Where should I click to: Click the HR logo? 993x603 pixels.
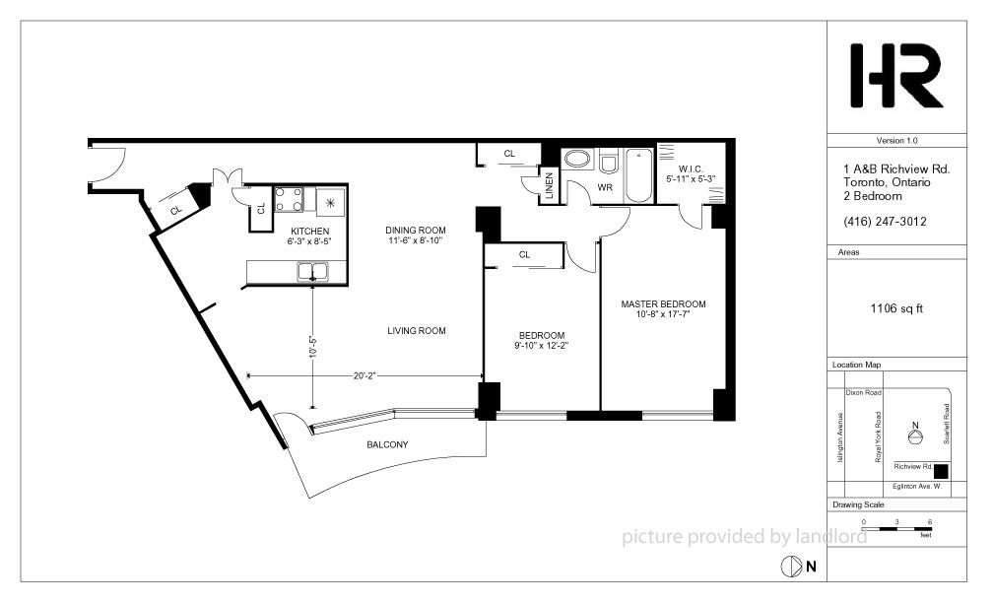[x=896, y=75]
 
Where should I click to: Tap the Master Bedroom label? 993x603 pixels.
[x=663, y=304]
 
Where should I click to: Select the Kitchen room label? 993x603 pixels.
[x=309, y=232]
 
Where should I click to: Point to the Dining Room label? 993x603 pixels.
[x=416, y=230]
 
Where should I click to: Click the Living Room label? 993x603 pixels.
[x=417, y=331]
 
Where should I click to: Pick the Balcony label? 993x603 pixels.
[x=387, y=444]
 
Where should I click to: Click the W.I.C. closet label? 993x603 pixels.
[x=691, y=169]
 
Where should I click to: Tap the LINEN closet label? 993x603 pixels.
[x=549, y=185]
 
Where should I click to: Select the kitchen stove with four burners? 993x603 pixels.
[x=288, y=199]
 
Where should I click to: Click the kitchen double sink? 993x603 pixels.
[x=313, y=271]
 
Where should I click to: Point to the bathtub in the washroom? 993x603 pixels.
[x=639, y=175]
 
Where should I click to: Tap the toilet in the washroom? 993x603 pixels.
[x=609, y=162]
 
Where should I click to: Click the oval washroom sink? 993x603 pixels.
[x=576, y=159]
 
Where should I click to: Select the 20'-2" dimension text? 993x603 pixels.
[x=364, y=375]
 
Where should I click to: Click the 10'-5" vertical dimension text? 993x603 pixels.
[x=312, y=347]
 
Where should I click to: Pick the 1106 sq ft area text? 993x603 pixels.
[x=896, y=308]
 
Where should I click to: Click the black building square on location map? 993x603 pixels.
[x=942, y=472]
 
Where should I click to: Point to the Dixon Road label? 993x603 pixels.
[x=863, y=393]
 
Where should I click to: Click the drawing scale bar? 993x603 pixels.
[x=896, y=528]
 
